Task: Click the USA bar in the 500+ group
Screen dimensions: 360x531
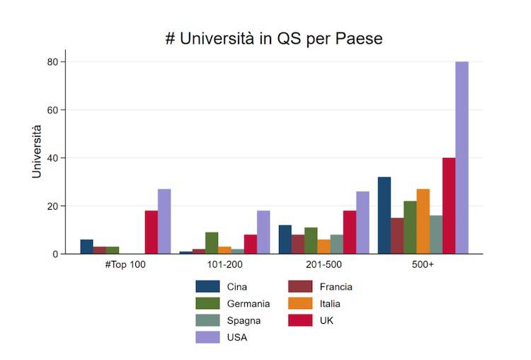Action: (x=462, y=157)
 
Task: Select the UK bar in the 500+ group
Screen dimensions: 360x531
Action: (x=449, y=206)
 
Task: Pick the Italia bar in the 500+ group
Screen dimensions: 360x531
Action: (x=423, y=221)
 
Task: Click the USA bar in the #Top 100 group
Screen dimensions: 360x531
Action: (x=164, y=221)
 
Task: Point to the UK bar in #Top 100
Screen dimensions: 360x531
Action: (x=152, y=232)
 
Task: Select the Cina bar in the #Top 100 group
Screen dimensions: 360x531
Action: (x=86, y=247)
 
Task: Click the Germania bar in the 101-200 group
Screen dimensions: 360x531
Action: (x=212, y=243)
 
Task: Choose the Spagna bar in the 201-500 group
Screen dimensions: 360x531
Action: (x=336, y=244)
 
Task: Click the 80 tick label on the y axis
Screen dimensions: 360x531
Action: (x=52, y=62)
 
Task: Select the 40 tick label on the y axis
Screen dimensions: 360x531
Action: (x=52, y=158)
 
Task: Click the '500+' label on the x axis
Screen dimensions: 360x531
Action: (x=423, y=264)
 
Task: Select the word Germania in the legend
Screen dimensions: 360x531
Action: (x=249, y=304)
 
